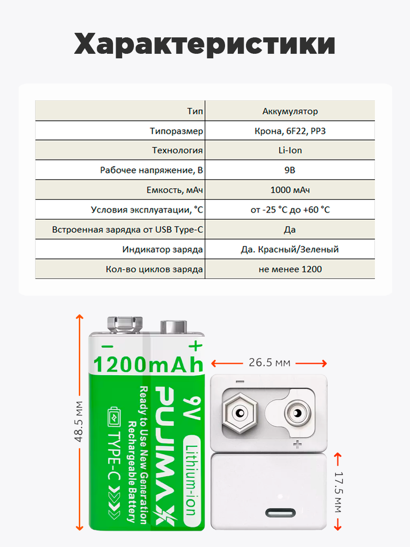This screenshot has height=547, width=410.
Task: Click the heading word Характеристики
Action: [205, 45]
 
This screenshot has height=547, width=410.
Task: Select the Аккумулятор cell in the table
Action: [290, 111]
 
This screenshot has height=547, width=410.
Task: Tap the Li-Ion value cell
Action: [290, 150]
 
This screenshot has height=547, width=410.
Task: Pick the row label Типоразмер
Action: [176, 131]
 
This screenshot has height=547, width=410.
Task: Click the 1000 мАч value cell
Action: [290, 190]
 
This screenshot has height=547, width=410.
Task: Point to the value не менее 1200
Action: [290, 269]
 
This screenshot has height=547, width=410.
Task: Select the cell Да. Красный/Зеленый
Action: [290, 249]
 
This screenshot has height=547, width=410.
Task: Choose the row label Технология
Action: [177, 150]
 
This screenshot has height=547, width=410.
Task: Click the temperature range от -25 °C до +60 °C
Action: [290, 210]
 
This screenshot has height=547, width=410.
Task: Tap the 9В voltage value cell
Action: [290, 170]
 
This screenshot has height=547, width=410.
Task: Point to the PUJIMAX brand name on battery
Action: [163, 456]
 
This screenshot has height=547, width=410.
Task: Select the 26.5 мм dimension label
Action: [269, 363]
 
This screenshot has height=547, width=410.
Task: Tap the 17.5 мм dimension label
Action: [338, 491]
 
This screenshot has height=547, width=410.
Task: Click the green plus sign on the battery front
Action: [195, 346]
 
